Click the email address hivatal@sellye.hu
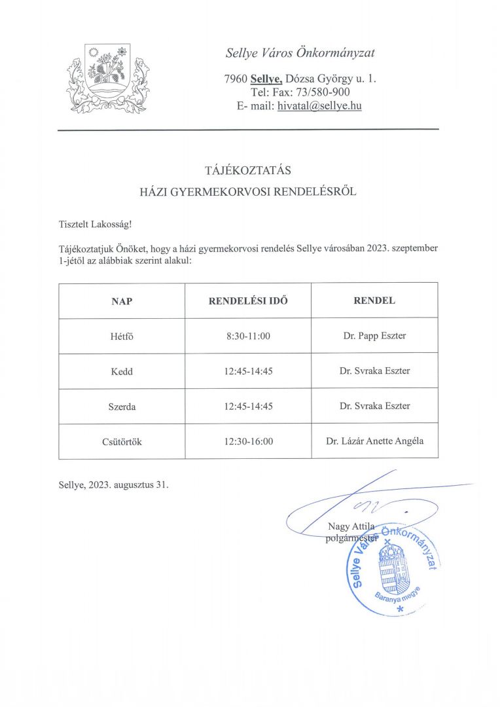[x=319, y=105]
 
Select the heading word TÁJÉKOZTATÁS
[x=248, y=171]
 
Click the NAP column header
[x=122, y=301]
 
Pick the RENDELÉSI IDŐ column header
[x=248, y=301]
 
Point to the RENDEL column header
[x=374, y=301]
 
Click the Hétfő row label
[x=122, y=336]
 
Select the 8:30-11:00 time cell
[x=248, y=336]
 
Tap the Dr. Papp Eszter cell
[x=374, y=336]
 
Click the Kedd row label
[x=122, y=371]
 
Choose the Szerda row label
[x=122, y=407]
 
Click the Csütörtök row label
[x=122, y=442]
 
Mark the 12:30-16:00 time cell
[x=248, y=442]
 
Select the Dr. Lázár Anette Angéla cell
[x=374, y=441]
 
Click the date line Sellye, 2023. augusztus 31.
[x=113, y=485]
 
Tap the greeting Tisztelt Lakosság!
[x=95, y=225]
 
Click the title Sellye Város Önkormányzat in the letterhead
[x=300, y=53]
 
